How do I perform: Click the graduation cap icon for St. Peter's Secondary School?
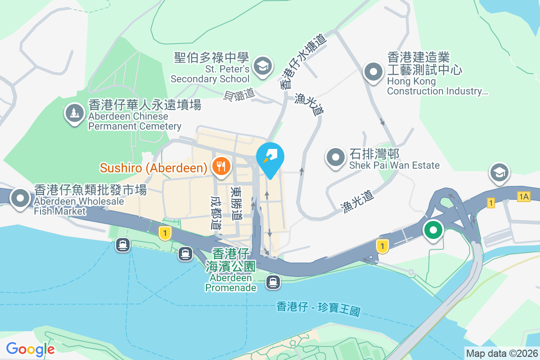261,66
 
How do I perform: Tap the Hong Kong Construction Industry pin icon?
373,72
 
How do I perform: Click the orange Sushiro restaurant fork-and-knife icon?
221,167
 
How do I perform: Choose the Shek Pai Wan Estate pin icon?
336,157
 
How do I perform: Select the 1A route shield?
523,197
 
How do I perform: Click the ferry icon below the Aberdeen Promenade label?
273,282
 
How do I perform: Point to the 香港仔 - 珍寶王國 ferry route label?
319,309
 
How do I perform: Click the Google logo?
30,349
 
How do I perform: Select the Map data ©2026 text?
501,353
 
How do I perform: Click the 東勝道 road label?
236,204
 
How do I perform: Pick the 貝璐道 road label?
239,94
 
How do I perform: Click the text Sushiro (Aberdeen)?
153,168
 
